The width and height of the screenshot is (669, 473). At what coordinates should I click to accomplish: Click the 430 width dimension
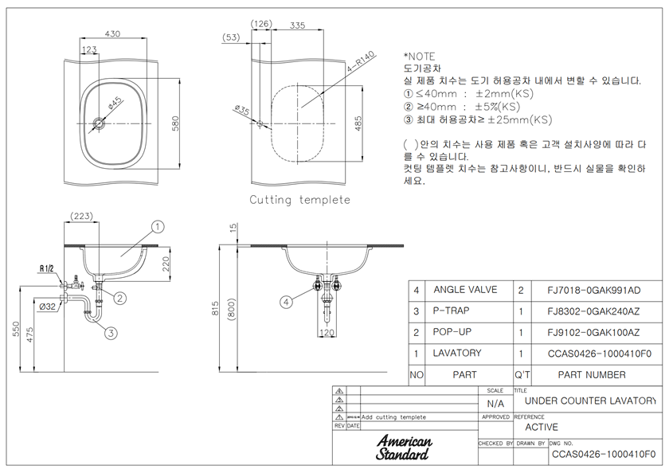(x=113, y=33)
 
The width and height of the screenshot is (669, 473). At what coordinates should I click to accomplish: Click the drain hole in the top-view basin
(x=99, y=123)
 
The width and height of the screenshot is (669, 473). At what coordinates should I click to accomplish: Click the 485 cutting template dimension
(x=359, y=123)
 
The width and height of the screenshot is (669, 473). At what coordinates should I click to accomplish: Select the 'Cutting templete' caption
(x=299, y=200)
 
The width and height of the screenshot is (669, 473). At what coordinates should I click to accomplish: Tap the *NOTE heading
(x=419, y=57)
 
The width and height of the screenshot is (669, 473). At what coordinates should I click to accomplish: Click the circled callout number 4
(x=286, y=301)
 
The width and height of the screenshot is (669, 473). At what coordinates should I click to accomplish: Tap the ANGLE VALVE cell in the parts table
(x=465, y=290)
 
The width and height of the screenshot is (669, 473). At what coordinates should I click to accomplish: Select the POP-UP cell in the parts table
(x=452, y=332)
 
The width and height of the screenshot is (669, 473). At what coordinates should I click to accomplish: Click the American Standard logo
(x=404, y=448)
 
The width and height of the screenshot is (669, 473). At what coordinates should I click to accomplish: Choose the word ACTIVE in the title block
(x=542, y=428)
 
